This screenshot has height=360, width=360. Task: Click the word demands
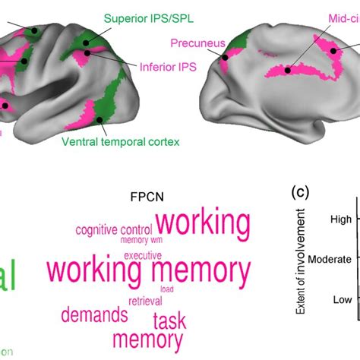[x=94, y=314]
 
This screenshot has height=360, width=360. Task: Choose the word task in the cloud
[x=169, y=321]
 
